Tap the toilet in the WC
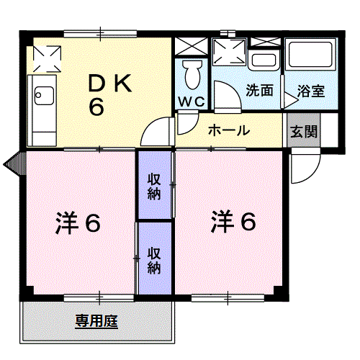[x=192, y=74]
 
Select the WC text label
[x=192, y=102]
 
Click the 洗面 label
[x=259, y=91]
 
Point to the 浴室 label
[x=311, y=91]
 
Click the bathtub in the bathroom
[x=311, y=55]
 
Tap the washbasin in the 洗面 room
[x=264, y=60]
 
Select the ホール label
[x=229, y=130]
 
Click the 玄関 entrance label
[x=304, y=132]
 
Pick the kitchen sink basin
[x=44, y=96]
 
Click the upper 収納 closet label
[x=154, y=186]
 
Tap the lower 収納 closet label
[x=154, y=261]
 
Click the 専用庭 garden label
[x=96, y=321]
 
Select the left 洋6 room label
[x=78, y=222]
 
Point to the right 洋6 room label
[x=233, y=222]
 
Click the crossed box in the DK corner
[x=47, y=59]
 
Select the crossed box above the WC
[x=192, y=47]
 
